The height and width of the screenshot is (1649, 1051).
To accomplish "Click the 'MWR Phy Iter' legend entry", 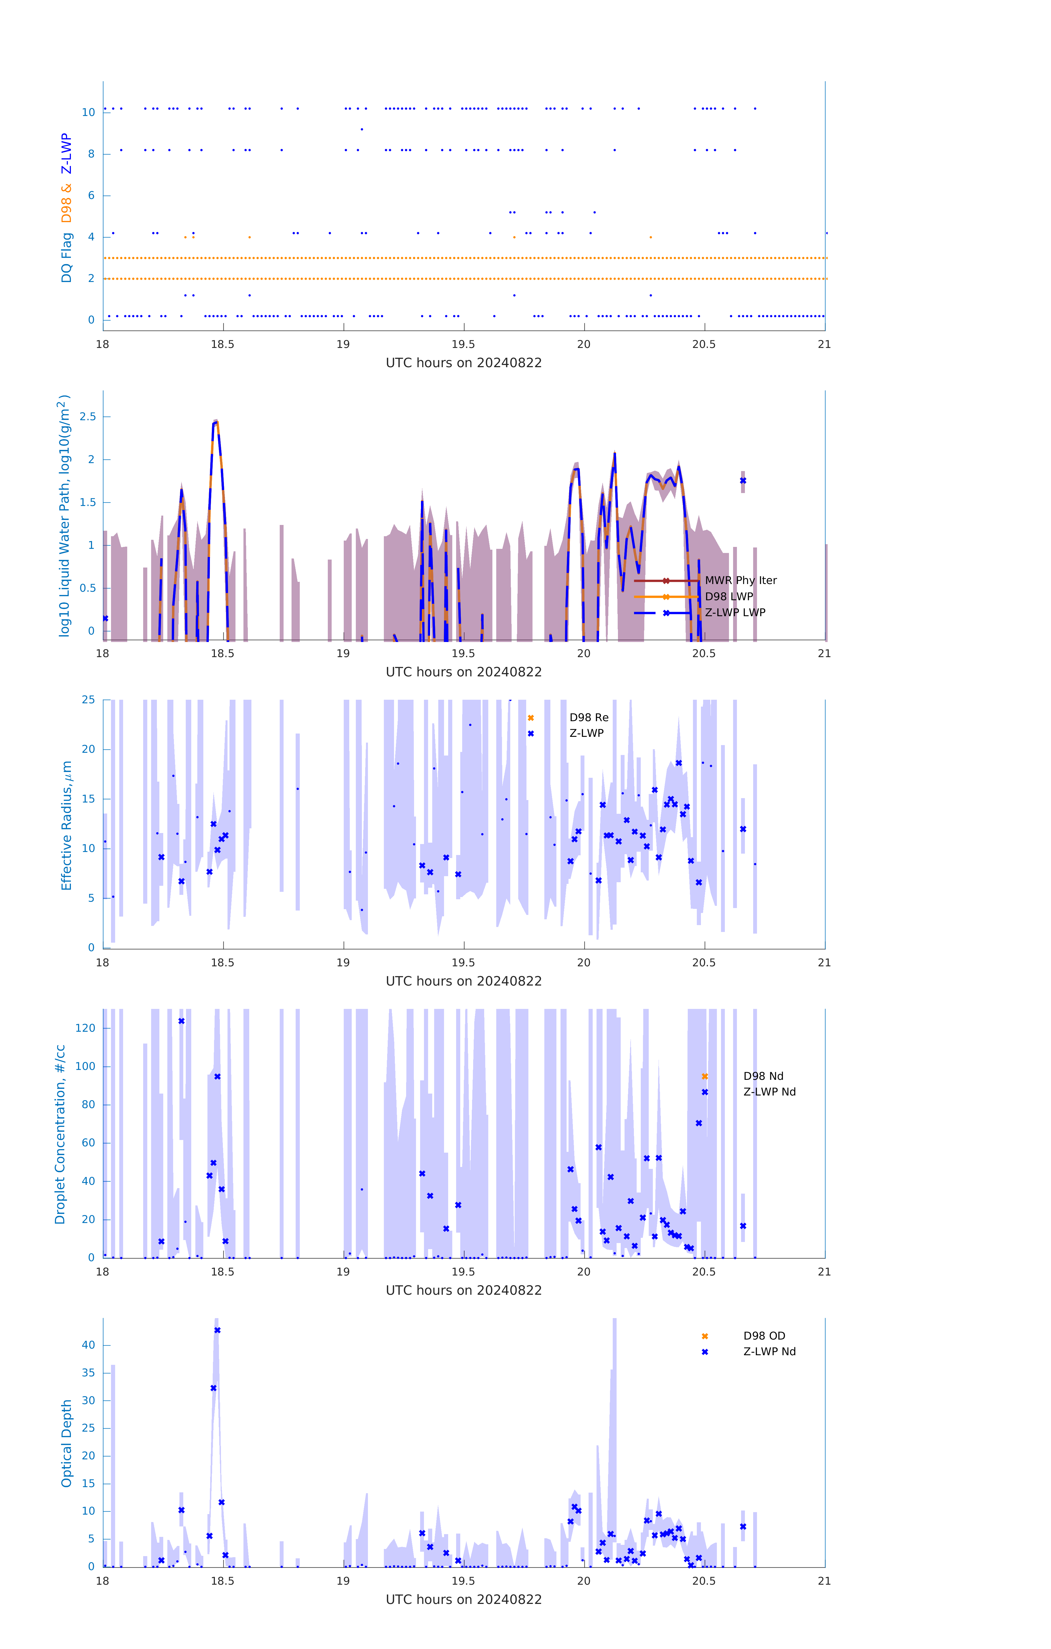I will click(740, 581).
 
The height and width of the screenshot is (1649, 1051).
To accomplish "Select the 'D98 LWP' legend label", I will click(728, 596).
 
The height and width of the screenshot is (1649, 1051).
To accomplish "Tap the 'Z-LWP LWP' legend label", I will click(735, 612).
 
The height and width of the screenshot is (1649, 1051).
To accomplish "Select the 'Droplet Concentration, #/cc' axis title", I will click(60, 1134).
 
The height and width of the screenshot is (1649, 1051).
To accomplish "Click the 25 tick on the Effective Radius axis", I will click(88, 700).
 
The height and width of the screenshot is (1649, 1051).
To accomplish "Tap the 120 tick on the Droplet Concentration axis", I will click(85, 1028).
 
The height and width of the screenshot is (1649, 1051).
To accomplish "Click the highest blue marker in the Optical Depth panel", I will click(217, 1330).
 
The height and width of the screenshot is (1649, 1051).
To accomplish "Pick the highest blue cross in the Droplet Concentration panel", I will click(181, 1021).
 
